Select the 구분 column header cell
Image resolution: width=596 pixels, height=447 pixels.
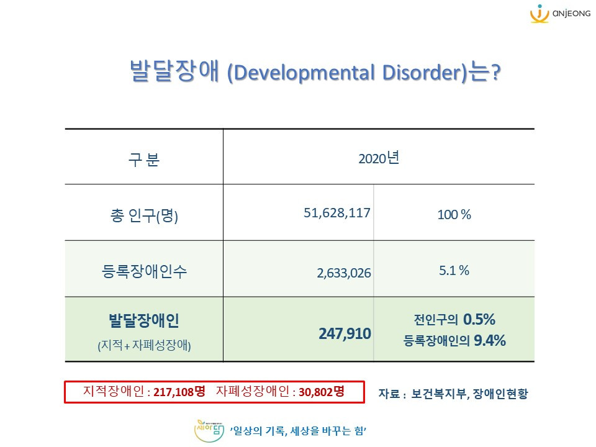[143, 160]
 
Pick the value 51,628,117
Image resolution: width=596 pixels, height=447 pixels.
[337, 213]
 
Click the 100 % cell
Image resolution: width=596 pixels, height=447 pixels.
[454, 215]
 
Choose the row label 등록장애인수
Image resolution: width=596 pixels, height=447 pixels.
[143, 271]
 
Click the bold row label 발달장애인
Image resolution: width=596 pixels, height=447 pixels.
[143, 321]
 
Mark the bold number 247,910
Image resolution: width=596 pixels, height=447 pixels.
[345, 334]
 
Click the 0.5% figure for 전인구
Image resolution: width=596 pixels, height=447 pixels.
[479, 320]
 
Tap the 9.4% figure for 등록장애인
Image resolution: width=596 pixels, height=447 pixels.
[490, 340]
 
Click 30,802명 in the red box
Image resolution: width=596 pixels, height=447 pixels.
[322, 392]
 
